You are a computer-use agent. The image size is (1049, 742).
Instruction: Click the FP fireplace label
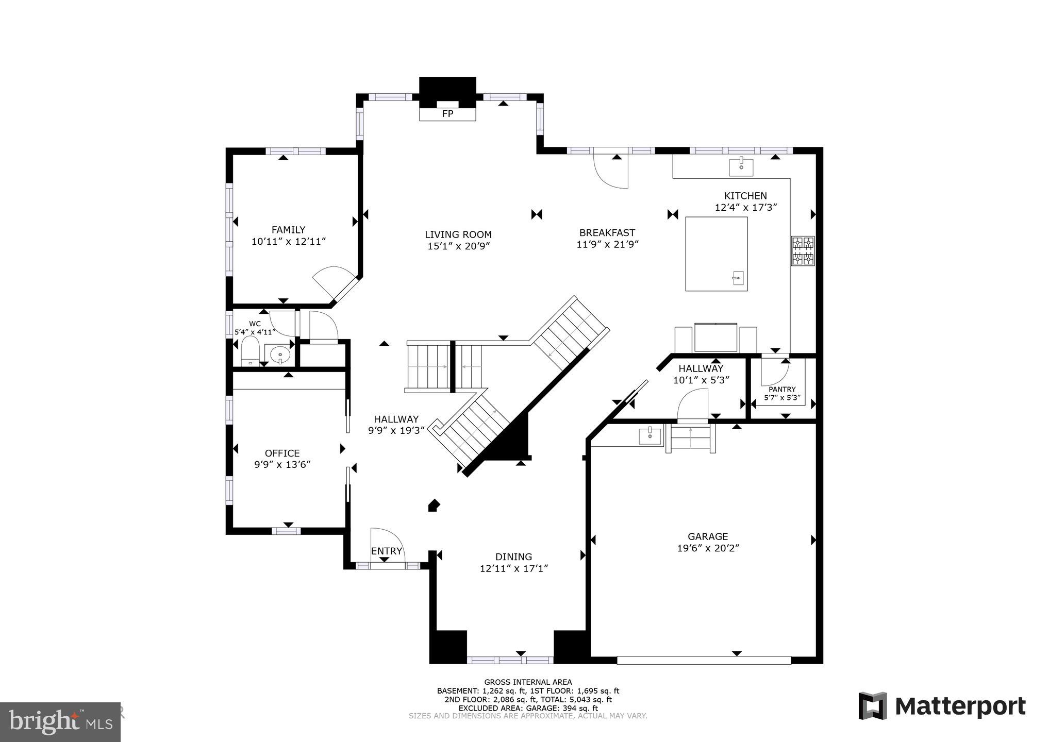(x=447, y=113)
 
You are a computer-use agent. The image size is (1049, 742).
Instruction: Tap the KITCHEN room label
(x=745, y=196)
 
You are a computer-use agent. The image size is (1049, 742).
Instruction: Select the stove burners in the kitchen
(x=803, y=251)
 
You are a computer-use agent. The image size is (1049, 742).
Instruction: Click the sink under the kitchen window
(x=741, y=167)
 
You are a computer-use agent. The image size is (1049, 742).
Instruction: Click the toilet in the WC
(x=251, y=351)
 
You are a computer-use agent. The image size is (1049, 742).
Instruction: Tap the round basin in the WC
(x=279, y=355)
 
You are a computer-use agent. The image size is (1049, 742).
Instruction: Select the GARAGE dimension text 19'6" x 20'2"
(x=708, y=548)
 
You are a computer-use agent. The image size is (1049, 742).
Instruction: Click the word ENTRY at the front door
(x=386, y=551)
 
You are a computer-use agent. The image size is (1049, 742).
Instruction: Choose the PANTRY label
(x=782, y=389)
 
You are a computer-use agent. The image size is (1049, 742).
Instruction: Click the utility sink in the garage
(x=650, y=436)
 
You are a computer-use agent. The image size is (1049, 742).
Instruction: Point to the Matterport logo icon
(x=873, y=706)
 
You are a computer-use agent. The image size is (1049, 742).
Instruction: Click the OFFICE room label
(x=282, y=453)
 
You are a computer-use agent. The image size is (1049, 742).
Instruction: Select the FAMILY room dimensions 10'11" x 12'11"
(x=289, y=241)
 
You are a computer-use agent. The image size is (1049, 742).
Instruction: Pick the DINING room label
(x=513, y=556)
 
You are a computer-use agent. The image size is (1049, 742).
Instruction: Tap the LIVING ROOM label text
(x=458, y=234)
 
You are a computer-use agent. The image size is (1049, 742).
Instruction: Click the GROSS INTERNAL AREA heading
(x=527, y=682)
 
